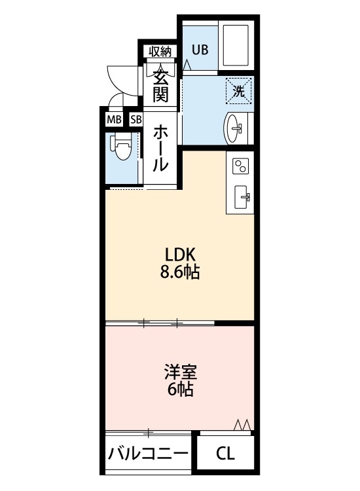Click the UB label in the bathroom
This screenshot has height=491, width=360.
point(200,48)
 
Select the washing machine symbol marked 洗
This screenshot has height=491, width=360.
point(239,92)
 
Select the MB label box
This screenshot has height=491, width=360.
point(113,120)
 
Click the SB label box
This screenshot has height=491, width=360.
point(135,120)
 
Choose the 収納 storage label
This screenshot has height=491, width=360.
point(160,51)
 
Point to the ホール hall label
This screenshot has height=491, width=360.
point(160,149)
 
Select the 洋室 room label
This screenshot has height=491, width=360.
point(180,373)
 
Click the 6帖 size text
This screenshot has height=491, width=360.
point(180,391)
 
